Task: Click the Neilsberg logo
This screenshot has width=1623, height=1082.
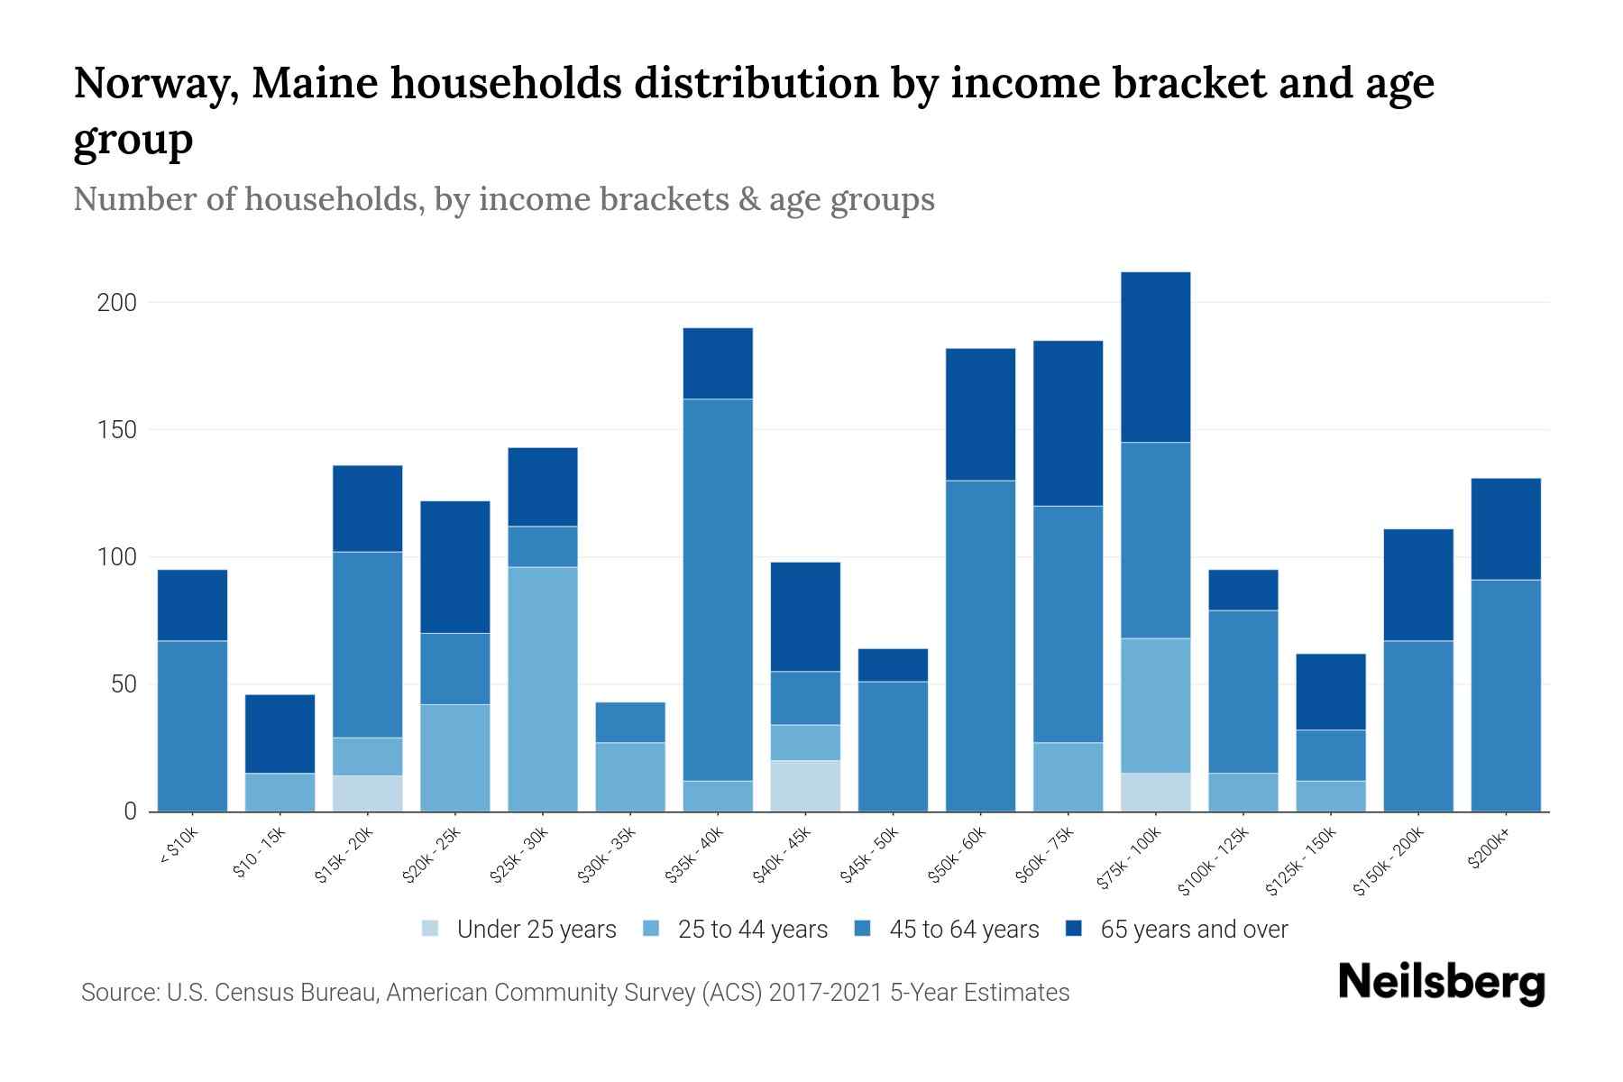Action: point(1441,983)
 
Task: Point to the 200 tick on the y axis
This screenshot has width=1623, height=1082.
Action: point(117,303)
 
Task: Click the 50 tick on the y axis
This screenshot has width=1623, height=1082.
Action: point(124,685)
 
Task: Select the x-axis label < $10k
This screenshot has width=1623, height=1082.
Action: point(179,848)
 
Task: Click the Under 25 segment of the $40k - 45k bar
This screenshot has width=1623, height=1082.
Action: point(805,786)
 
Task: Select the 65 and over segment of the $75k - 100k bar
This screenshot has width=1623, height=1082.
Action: point(1155,357)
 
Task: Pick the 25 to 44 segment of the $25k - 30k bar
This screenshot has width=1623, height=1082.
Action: point(543,689)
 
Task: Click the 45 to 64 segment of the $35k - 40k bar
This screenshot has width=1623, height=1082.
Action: point(718,590)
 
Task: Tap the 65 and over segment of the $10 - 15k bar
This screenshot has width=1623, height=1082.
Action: point(280,734)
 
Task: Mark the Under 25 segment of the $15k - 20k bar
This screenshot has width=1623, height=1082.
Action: point(367,793)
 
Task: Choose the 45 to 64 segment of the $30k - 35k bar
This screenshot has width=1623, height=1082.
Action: point(630,722)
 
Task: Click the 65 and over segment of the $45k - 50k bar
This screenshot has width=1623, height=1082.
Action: point(893,665)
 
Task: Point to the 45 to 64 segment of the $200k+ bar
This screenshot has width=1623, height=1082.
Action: point(1505,695)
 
